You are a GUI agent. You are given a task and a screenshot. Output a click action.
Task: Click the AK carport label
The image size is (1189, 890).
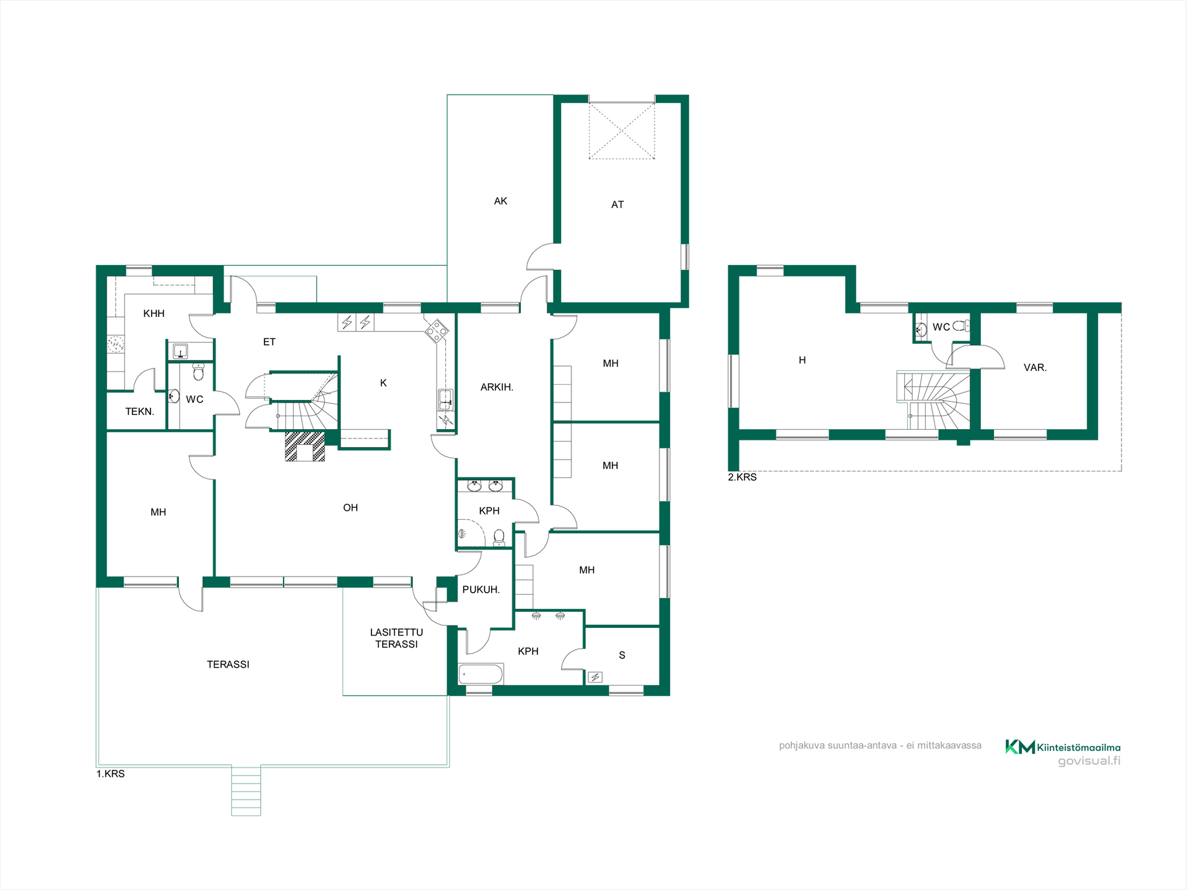click(x=500, y=201)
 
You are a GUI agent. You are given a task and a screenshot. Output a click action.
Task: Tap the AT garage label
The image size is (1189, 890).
click(x=617, y=204)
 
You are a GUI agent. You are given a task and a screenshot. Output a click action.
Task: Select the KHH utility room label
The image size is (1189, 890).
click(x=154, y=313)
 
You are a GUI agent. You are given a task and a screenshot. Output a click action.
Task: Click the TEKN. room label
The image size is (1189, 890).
click(x=139, y=411)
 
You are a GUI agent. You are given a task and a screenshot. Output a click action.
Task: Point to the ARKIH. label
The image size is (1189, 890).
click(x=497, y=387)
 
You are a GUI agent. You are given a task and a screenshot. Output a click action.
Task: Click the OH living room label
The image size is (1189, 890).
click(x=351, y=508)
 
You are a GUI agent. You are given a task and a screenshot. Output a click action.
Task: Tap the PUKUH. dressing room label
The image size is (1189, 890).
click(x=481, y=590)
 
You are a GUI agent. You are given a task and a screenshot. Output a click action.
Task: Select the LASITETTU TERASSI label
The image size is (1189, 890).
click(x=396, y=638)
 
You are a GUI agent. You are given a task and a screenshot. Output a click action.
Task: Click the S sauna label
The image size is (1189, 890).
click(x=622, y=655)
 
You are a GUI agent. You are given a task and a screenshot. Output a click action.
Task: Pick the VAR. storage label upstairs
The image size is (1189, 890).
click(x=1035, y=367)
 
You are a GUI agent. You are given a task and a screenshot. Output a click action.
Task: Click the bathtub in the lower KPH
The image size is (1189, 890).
click(x=481, y=674)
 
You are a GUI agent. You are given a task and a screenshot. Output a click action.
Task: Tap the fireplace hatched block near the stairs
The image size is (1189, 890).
click(x=304, y=447)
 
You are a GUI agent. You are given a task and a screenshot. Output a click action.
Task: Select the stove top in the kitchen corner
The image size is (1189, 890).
click(x=437, y=331)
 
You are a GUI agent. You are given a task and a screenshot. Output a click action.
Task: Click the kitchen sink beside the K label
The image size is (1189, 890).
click(x=445, y=399)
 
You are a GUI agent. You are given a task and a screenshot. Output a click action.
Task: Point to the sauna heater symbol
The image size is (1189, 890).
click(x=595, y=677)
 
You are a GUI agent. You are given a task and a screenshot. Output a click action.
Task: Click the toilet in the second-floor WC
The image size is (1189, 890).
click(x=960, y=326)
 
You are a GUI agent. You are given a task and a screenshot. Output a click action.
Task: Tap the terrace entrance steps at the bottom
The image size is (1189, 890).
click(x=246, y=791)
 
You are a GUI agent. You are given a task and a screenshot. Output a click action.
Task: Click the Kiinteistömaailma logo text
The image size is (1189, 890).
click(x=1078, y=748)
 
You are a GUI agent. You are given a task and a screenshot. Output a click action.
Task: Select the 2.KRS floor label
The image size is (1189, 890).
click(x=742, y=477)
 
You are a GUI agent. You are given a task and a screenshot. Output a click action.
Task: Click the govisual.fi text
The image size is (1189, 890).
click(x=1089, y=761)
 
